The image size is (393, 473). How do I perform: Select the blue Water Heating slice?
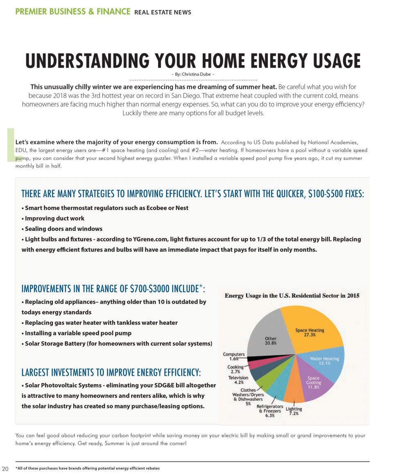(327, 365)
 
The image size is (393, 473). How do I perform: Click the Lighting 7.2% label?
(294, 411)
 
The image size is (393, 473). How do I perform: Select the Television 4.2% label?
(238, 380)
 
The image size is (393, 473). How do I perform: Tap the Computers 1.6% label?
(234, 356)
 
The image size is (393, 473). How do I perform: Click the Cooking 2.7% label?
(235, 369)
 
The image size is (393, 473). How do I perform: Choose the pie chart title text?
(292, 296)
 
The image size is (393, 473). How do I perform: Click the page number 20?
(5, 468)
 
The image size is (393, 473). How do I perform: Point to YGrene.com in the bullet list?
(150, 239)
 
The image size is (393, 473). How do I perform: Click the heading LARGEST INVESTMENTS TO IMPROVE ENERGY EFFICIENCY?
(111, 373)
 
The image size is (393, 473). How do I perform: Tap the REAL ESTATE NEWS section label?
(163, 12)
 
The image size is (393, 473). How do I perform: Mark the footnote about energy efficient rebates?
(88, 468)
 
